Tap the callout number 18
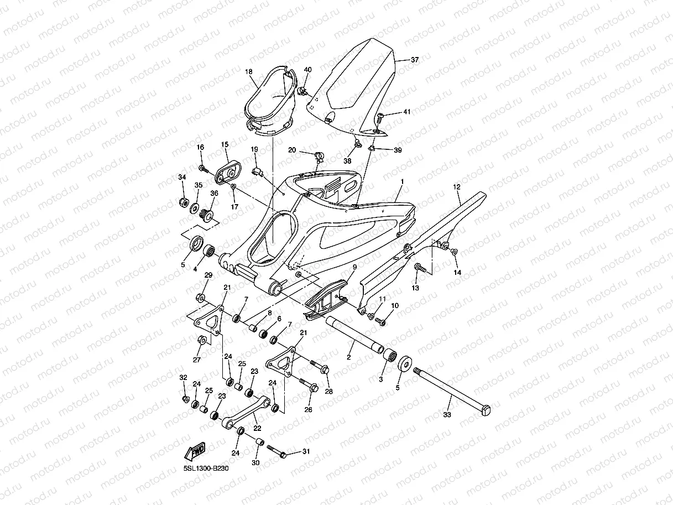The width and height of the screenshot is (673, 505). pyautogui.click(x=249, y=72)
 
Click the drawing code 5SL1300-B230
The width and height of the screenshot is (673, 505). pyautogui.click(x=206, y=468)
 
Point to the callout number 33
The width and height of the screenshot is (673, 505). pyautogui.click(x=447, y=414)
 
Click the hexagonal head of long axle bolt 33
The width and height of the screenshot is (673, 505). pyautogui.click(x=486, y=410)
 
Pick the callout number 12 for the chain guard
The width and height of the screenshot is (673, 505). pyautogui.click(x=457, y=188)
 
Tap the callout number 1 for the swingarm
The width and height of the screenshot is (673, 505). pyautogui.click(x=403, y=181)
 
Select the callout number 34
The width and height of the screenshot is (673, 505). pyautogui.click(x=181, y=177)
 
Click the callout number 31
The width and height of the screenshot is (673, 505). pyautogui.click(x=306, y=452)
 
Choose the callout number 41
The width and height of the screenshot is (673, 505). pyautogui.click(x=407, y=112)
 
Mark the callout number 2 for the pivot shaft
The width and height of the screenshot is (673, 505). pyautogui.click(x=349, y=358)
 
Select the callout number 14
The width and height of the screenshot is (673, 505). pyautogui.click(x=457, y=273)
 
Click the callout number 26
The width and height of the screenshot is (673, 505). pyautogui.click(x=308, y=410)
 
